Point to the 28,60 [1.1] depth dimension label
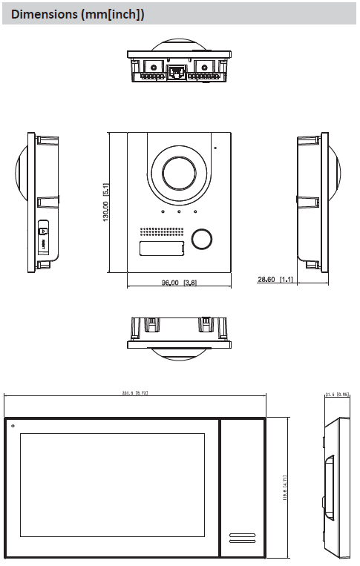pyautogui.click(x=275, y=280)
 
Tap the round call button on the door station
pyautogui.click(x=201, y=239)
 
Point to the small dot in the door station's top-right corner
pyautogui.click(x=216, y=148)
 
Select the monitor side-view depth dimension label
pyautogui.click(x=337, y=395)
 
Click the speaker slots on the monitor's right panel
pyautogui.click(x=243, y=536)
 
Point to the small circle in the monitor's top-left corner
pyautogui.click(x=13, y=426)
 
